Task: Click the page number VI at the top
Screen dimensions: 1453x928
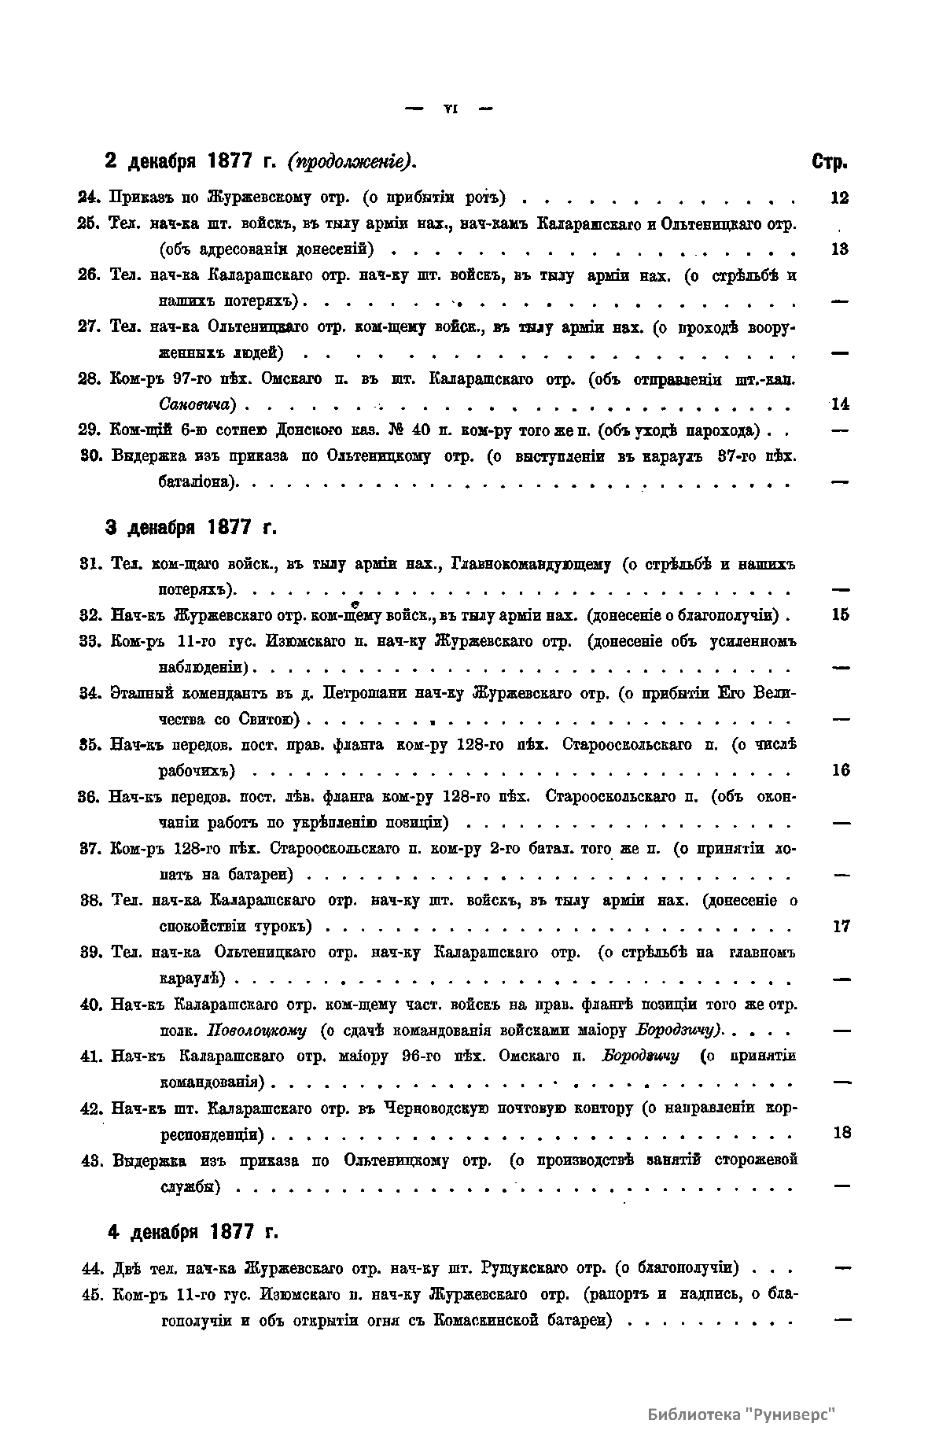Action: click(x=450, y=109)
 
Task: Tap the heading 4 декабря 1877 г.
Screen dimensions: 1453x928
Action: click(x=193, y=1231)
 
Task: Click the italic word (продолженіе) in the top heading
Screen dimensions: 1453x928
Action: click(x=352, y=162)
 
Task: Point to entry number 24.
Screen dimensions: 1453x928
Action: click(x=91, y=197)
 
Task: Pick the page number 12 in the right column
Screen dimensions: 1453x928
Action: click(x=839, y=197)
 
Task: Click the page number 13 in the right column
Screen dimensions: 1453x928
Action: click(x=839, y=249)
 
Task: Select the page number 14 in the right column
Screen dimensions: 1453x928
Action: click(x=840, y=404)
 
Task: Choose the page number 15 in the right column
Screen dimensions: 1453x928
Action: click(x=840, y=614)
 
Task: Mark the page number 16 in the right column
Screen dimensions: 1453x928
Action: click(x=840, y=770)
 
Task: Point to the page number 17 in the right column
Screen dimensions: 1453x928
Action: click(x=841, y=926)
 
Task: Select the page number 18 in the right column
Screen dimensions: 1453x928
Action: click(x=841, y=1133)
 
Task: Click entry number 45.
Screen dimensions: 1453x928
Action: click(x=94, y=1294)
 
